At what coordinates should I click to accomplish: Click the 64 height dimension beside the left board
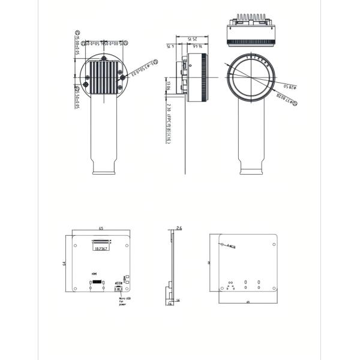tap(64, 263)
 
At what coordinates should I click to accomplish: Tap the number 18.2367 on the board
tap(101, 248)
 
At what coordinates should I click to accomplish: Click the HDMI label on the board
tap(94, 273)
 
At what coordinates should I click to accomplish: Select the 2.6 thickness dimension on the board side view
tap(179, 228)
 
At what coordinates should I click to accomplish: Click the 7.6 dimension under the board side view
tap(170, 304)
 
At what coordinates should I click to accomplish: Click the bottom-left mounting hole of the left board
tap(75, 288)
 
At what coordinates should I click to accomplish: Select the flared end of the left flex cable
tap(104, 168)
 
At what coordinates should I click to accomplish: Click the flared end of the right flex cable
tap(251, 168)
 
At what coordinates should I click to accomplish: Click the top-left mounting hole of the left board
tap(75, 245)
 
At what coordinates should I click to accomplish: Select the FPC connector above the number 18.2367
tap(101, 242)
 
